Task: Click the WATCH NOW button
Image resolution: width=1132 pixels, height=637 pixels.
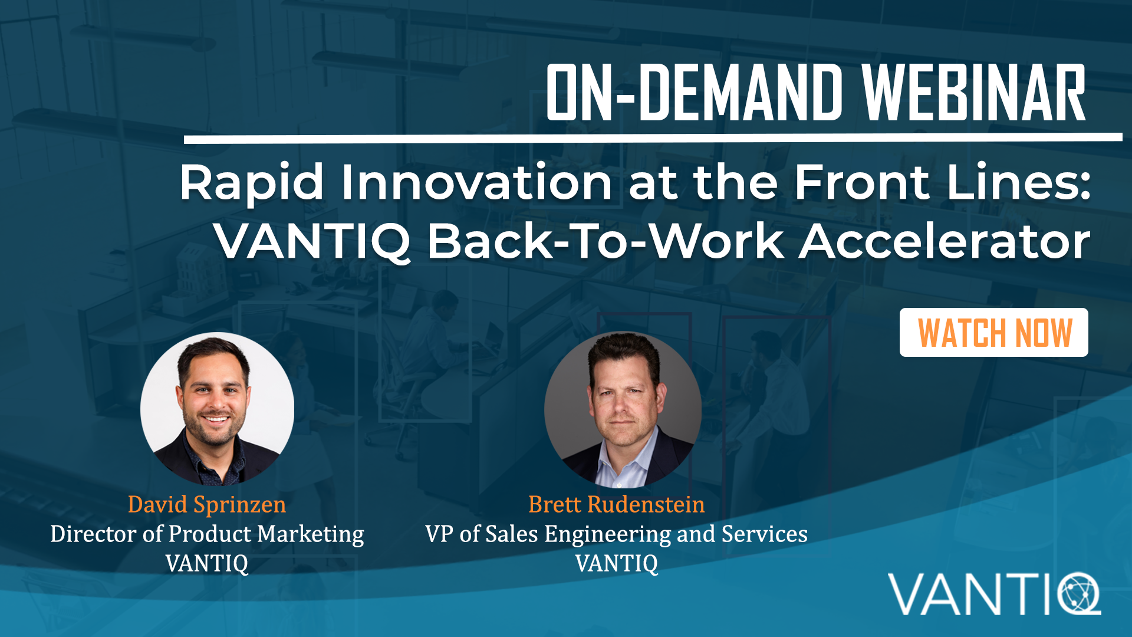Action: pos(993,333)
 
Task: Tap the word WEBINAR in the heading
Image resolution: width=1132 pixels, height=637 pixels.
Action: pos(974,93)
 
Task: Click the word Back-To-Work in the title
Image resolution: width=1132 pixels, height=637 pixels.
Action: pos(606,241)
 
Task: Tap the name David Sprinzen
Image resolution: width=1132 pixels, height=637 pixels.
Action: pos(207,505)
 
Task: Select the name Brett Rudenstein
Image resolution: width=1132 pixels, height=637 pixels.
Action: pos(617,505)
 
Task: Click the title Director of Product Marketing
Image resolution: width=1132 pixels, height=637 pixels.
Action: pos(207,534)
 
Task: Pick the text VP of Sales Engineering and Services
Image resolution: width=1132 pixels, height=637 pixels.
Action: pos(617,534)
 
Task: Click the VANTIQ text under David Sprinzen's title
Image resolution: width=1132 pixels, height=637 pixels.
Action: pos(207,564)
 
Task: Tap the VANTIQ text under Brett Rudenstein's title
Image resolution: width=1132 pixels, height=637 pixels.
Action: pos(617,564)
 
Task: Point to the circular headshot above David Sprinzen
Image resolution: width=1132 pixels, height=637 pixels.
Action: pos(217,409)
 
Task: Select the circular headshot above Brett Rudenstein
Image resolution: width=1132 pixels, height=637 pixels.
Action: pos(623,410)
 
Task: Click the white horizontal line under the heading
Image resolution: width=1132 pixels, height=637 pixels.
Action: pos(653,138)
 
